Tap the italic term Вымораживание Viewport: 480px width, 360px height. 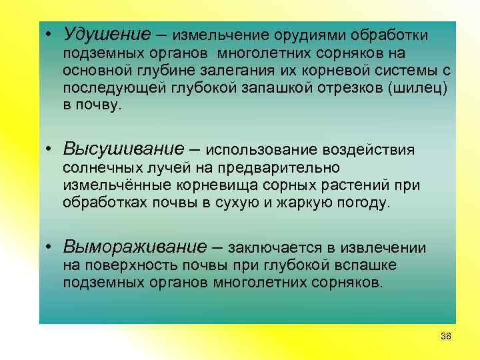pos(135,247)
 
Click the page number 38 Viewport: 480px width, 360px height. pos(446,335)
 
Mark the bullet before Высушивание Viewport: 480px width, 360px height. pos(50,149)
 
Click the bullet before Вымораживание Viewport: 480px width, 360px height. pos(50,247)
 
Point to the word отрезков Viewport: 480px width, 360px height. pos(351,88)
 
